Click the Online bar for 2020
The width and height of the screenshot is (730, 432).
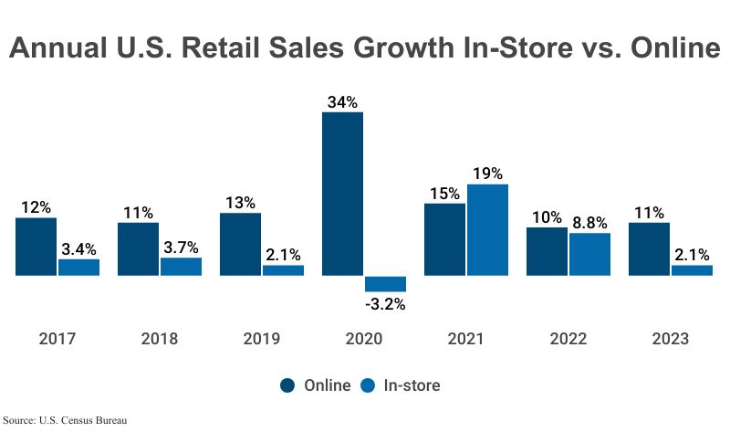(342, 194)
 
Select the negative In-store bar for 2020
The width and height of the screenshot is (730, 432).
(385, 283)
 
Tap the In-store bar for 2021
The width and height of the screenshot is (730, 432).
(487, 229)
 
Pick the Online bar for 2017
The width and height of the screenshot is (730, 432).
(36, 247)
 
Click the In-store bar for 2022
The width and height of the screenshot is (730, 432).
(589, 254)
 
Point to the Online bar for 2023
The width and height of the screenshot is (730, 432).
(649, 248)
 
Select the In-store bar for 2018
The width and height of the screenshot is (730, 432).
(181, 266)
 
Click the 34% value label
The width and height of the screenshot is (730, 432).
(342, 102)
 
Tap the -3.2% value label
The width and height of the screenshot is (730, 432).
(385, 304)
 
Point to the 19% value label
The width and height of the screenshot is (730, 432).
(487, 174)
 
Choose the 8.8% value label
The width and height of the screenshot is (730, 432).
(589, 223)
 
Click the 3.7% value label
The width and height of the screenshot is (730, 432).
(181, 248)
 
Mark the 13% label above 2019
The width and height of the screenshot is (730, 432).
(240, 203)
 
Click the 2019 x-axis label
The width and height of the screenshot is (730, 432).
(262, 339)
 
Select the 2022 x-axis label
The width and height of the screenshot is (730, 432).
(568, 339)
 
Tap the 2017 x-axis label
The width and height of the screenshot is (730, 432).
(57, 339)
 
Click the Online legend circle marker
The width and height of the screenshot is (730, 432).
(287, 385)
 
